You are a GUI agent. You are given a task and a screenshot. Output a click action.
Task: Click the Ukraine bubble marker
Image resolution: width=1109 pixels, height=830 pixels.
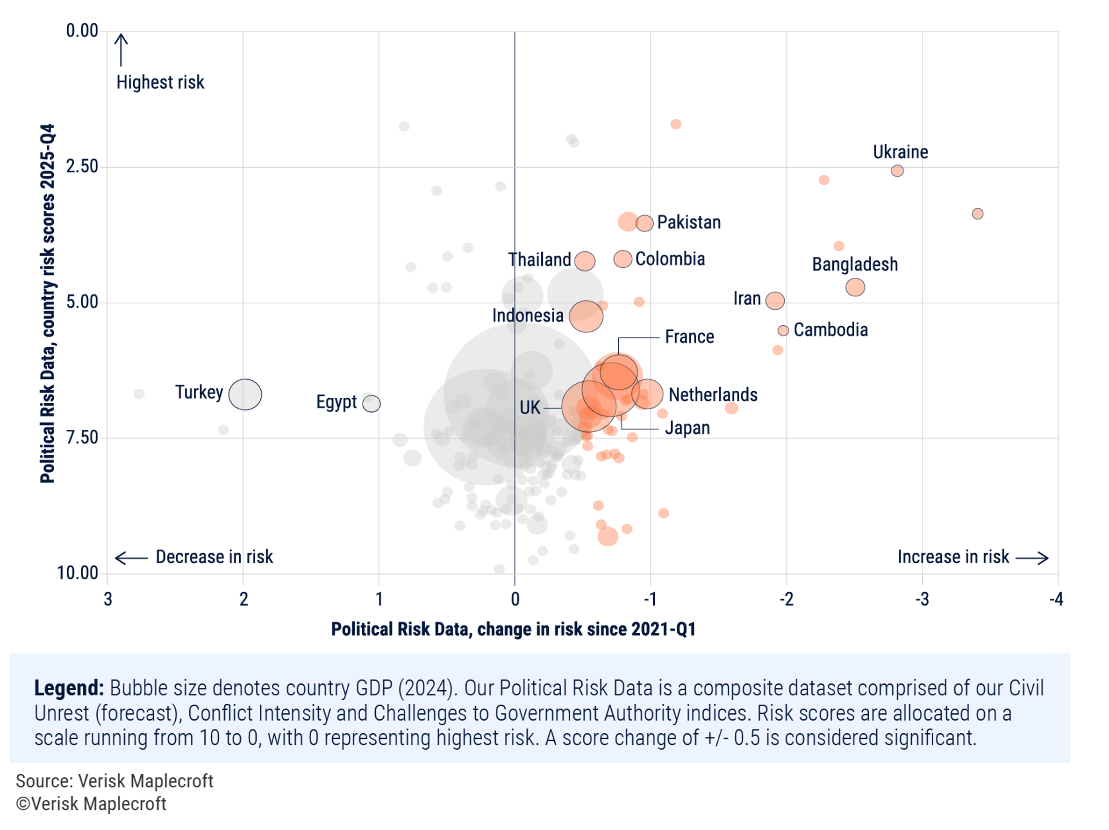click(x=897, y=171)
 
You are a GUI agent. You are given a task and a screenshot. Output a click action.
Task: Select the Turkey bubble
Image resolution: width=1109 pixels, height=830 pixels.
click(x=245, y=394)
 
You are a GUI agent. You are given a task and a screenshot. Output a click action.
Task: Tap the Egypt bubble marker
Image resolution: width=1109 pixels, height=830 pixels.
click(x=372, y=403)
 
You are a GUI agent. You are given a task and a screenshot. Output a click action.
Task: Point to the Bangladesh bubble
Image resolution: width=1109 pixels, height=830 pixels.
click(x=855, y=287)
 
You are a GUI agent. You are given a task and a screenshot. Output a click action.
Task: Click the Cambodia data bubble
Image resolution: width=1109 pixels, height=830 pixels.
click(x=783, y=330)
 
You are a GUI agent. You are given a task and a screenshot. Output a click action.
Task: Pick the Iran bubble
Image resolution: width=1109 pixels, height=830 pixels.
click(x=774, y=300)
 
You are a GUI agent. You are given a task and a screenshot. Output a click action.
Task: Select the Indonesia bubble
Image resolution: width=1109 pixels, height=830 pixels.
click(x=586, y=316)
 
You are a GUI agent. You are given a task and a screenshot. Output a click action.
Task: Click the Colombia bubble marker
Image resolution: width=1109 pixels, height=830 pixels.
click(x=622, y=259)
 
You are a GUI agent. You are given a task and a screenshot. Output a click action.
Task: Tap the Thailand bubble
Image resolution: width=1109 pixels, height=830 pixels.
click(x=585, y=261)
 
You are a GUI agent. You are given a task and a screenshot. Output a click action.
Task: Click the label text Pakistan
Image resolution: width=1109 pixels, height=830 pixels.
click(x=688, y=222)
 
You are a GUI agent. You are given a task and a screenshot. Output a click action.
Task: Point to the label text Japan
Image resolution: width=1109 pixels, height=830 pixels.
click(x=687, y=428)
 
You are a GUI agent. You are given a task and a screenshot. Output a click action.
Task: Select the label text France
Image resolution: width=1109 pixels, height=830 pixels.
click(x=689, y=337)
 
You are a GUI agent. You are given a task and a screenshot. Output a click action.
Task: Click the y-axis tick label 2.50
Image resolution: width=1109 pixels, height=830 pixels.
click(x=82, y=166)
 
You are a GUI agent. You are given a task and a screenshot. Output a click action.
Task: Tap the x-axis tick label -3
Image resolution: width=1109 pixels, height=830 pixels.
click(x=922, y=599)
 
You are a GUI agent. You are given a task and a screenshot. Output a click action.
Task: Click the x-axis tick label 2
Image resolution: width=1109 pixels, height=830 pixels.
click(x=243, y=599)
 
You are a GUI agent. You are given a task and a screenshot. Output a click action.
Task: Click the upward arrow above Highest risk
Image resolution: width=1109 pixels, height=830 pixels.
click(x=121, y=49)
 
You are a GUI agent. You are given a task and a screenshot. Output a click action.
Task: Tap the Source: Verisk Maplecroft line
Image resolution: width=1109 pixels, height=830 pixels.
click(x=114, y=781)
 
